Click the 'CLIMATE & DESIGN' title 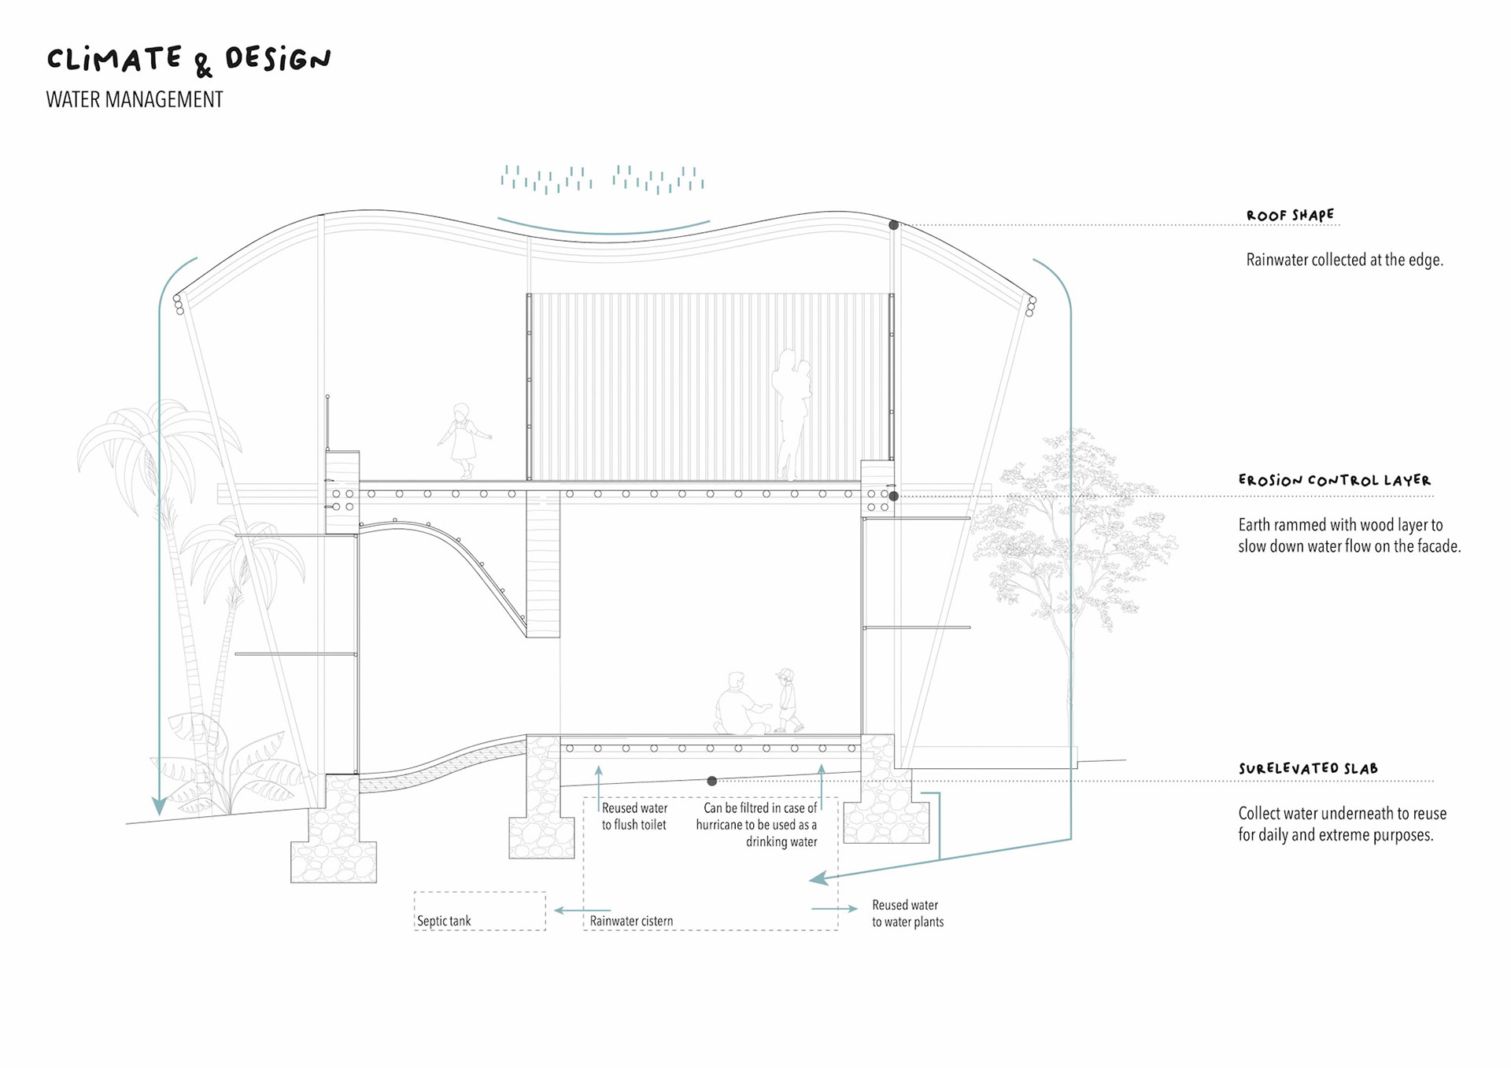point(189,61)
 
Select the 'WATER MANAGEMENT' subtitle point(135,100)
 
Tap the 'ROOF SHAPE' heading point(1290,215)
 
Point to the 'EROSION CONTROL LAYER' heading point(1334,480)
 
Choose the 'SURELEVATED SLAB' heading point(1308,768)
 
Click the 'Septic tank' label point(444,921)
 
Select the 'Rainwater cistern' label point(631,921)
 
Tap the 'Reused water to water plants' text point(907,914)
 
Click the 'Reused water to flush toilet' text point(634,816)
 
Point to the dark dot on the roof point(894,225)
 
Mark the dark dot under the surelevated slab point(711,781)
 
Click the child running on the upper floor point(464,439)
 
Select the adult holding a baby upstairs point(792,413)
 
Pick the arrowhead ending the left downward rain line point(159,807)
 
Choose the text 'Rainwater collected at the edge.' point(1344,260)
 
